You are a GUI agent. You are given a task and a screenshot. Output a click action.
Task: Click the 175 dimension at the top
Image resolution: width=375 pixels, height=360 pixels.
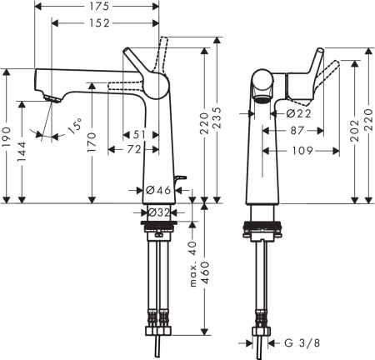(x=97, y=8)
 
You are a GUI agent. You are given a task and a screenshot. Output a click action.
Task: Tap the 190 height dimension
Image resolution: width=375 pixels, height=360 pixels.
(x=8, y=136)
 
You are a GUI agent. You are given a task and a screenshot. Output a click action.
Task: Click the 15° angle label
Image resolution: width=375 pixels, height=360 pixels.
(x=74, y=127)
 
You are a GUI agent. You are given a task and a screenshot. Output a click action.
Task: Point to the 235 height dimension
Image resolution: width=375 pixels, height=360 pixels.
(x=218, y=118)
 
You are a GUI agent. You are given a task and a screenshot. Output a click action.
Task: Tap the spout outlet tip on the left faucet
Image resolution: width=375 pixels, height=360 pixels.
(x=52, y=99)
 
